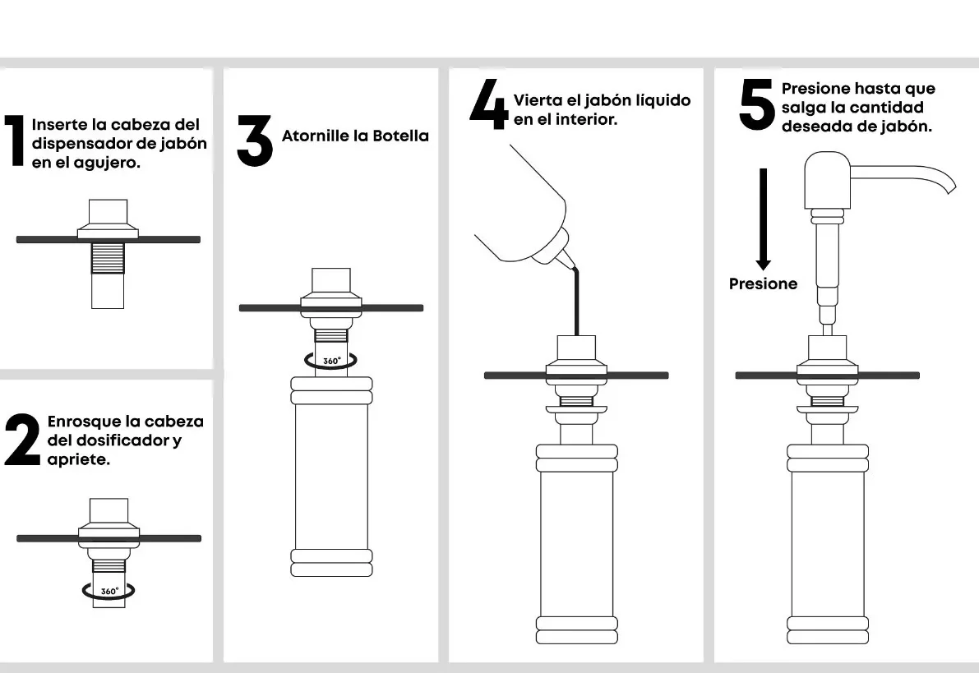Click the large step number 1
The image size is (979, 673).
14,141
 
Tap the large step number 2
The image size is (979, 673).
22,440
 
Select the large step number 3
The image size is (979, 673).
255,141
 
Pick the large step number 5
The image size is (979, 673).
757,104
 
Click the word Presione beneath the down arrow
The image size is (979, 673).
763,284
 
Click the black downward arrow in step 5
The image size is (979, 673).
763,219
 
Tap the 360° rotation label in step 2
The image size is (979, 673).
109,591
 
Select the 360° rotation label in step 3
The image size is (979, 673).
331,361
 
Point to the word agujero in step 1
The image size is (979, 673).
107,163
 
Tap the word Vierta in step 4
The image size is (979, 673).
537,100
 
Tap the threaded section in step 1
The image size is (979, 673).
108,258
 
